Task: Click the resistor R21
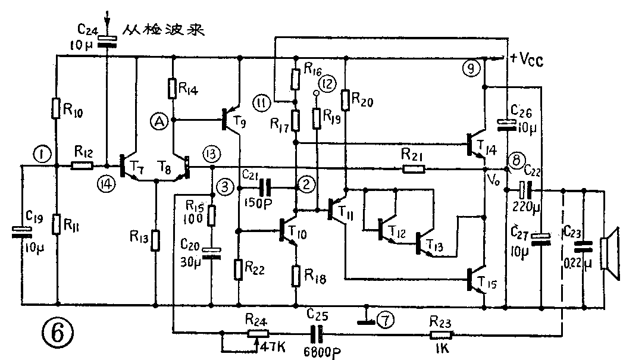point(413,168)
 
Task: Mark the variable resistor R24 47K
point(256,334)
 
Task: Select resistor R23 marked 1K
point(440,334)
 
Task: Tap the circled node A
point(159,123)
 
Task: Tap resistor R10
point(57,109)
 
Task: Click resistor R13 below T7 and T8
point(155,240)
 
